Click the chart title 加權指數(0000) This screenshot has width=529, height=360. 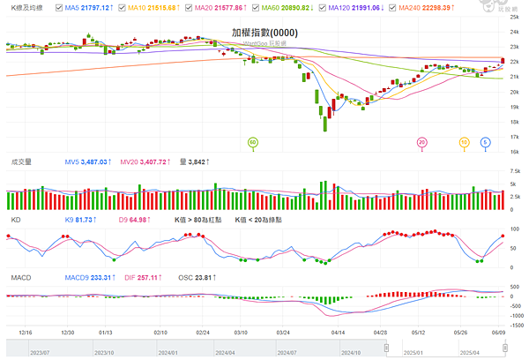point(264,33)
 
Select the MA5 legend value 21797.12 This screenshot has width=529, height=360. point(95,7)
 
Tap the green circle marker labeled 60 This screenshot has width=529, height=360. point(253,141)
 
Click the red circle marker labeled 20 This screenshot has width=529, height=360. point(422,141)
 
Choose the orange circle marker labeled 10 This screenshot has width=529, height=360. point(464,141)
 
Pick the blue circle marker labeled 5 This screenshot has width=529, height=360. point(486,141)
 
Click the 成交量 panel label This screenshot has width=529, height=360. point(20,162)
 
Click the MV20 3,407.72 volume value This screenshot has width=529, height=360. point(150,162)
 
